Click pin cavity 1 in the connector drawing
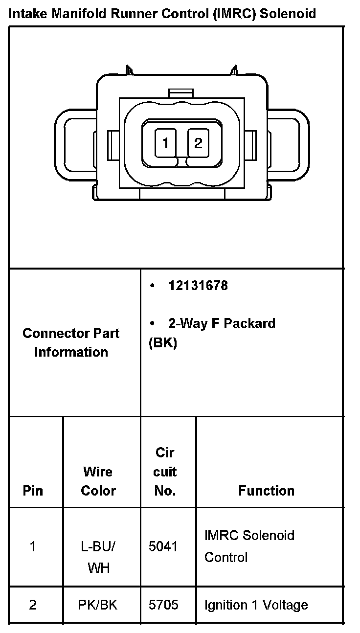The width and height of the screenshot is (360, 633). pos(166,143)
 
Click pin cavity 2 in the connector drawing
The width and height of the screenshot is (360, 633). pos(198,143)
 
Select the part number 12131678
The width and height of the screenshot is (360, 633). pos(198,286)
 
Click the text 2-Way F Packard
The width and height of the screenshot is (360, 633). pos(222,323)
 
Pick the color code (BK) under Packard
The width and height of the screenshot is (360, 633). pos(162,343)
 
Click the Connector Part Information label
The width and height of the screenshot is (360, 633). pos(71,342)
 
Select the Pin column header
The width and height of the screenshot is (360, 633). pos(33,491)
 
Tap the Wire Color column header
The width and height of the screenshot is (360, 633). pos(98,481)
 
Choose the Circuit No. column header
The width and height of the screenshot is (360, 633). pos(165,472)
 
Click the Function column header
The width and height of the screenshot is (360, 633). pos(266,491)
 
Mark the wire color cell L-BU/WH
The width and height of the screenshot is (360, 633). pos(98,557)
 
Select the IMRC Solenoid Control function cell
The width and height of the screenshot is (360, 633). pos(249,546)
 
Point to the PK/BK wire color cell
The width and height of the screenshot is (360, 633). pos(97,605)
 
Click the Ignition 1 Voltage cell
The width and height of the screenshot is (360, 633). pos(256,605)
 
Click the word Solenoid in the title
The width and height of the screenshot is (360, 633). pos(288,13)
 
